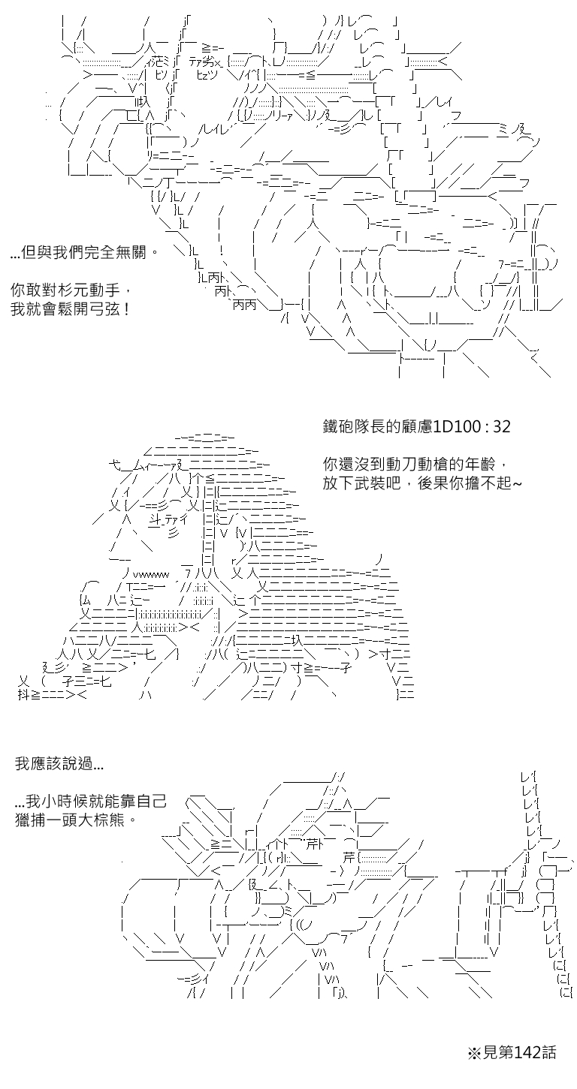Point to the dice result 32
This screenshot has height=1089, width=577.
pyautogui.click(x=502, y=426)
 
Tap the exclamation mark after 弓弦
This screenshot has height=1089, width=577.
pyautogui.click(x=126, y=309)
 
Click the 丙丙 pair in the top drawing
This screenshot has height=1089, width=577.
pyautogui.click(x=244, y=305)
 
